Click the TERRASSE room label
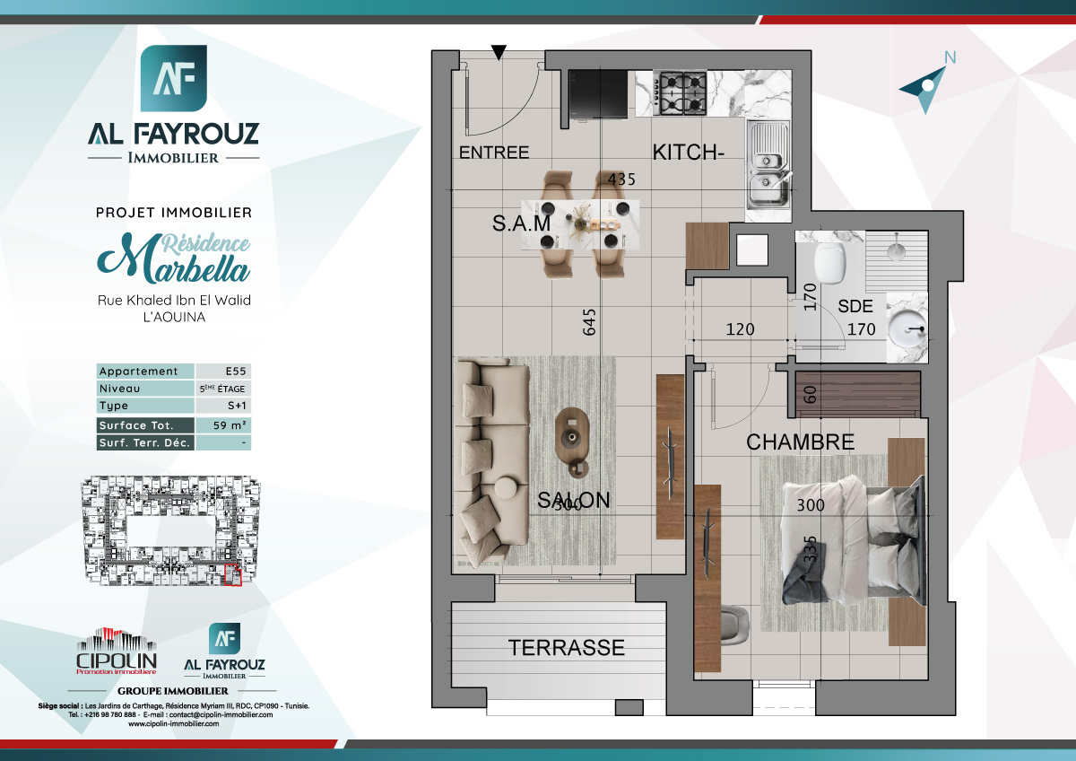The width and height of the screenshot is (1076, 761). click(x=566, y=647)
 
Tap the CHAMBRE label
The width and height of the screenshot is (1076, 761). click(x=800, y=442)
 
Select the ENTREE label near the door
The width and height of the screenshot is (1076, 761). click(x=494, y=153)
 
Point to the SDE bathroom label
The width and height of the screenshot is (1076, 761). click(x=855, y=306)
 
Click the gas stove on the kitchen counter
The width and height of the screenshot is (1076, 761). click(x=680, y=93)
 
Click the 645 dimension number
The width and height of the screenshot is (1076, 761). click(x=589, y=322)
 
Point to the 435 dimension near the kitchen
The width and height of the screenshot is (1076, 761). click(x=621, y=179)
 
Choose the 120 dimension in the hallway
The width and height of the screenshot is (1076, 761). click(x=740, y=329)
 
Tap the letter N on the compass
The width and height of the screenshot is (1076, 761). click(x=950, y=58)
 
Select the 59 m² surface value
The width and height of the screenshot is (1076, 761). click(x=223, y=425)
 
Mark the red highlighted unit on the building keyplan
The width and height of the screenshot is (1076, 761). click(x=234, y=576)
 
